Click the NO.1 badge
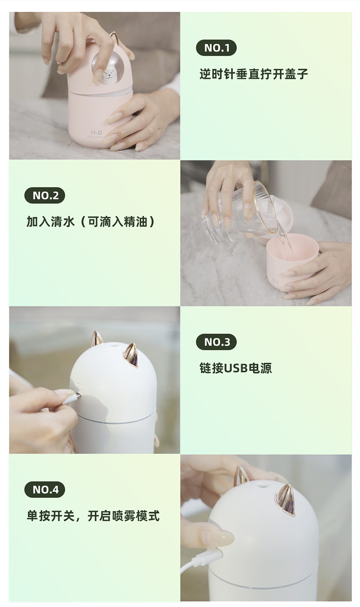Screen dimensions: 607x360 point(216,48)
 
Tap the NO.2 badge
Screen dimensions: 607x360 point(45,195)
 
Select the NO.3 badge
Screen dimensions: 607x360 point(216,342)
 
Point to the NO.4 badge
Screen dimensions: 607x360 point(45,490)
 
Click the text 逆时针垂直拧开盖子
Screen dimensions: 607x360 point(253,74)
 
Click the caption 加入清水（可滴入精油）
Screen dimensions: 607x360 point(91,222)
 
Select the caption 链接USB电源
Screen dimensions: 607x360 point(236,368)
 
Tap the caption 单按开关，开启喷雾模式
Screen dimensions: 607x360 point(93,516)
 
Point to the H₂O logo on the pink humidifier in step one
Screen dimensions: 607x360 point(97,133)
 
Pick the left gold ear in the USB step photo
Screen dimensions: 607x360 point(96,339)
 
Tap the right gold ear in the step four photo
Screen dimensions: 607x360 point(285,500)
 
